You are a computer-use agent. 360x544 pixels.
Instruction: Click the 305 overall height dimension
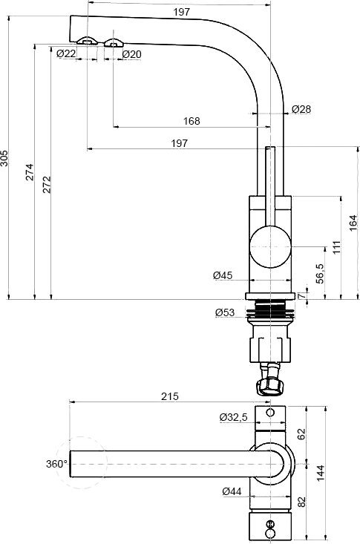coord(5,161)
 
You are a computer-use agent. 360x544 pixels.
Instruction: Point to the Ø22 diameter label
coord(66,53)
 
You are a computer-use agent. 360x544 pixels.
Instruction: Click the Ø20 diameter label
coord(131,53)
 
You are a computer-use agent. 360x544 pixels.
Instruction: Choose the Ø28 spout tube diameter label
coord(301,109)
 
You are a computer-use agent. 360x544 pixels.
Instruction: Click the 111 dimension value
coord(336,246)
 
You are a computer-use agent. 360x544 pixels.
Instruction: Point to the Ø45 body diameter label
coord(223,275)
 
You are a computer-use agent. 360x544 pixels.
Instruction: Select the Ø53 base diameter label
coord(225,312)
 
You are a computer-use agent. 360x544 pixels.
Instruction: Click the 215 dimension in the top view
coord(169,397)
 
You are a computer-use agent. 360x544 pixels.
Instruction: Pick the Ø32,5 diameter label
coord(233,417)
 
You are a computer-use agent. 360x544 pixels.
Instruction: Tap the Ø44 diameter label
coord(232,491)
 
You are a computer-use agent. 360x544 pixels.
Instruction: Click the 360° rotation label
coord(56,464)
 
